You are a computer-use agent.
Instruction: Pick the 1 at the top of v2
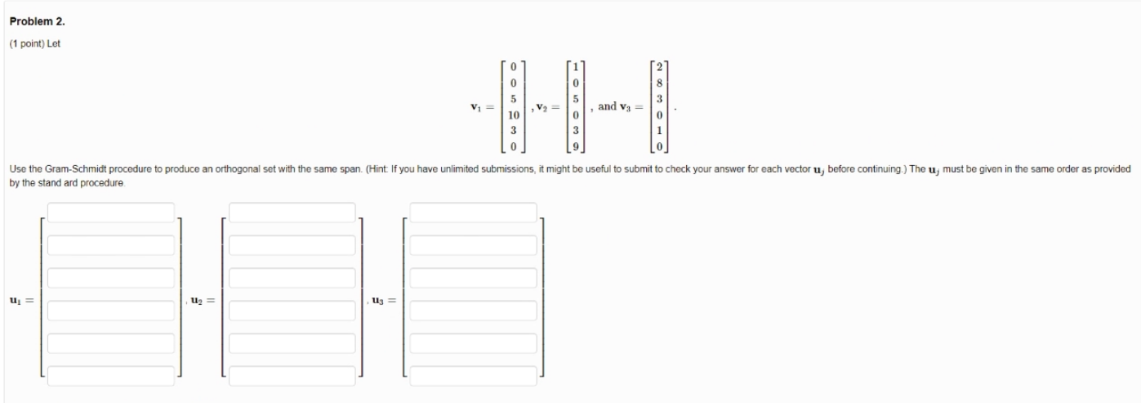[x=577, y=65]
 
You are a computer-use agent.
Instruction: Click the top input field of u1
[x=111, y=213]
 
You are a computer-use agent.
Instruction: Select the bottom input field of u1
[x=111, y=376]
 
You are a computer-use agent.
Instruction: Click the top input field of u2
[x=292, y=213]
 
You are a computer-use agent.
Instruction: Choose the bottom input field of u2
[x=292, y=376]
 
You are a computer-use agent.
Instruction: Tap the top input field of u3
[x=474, y=213]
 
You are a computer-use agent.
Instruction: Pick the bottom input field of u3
[x=474, y=376]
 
